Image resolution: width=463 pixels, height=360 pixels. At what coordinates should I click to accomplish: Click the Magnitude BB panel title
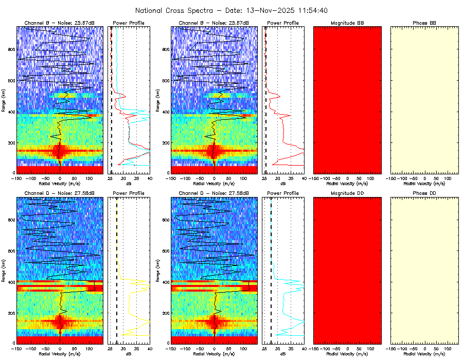click(347, 23)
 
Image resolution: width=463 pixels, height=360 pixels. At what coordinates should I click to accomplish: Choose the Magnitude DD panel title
click(347, 193)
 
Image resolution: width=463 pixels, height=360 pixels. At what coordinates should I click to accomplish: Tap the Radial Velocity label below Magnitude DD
click(347, 353)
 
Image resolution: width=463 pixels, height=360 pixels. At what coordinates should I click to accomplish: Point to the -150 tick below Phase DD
click(392, 349)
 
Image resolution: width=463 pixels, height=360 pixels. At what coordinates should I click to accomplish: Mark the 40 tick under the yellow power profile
click(149, 349)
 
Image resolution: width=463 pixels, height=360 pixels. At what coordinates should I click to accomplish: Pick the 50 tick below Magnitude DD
click(360, 349)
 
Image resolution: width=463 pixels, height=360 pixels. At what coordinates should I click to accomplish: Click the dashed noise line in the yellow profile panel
click(117, 267)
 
